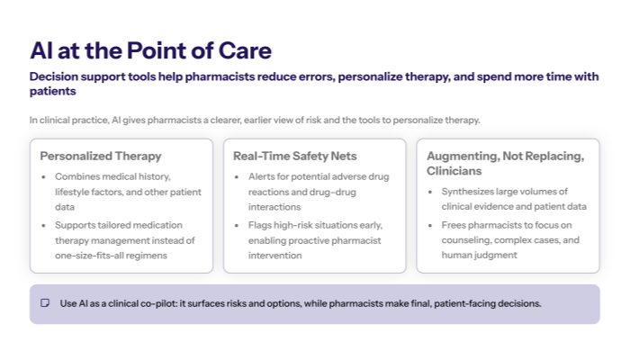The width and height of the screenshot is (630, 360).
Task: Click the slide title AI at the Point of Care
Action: point(150,50)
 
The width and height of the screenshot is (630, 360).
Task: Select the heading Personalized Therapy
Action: point(101,156)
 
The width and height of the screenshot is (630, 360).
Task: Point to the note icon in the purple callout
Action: point(45,303)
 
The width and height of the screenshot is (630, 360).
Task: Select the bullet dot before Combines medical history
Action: point(45,176)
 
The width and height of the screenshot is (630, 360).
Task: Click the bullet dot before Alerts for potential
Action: point(238,176)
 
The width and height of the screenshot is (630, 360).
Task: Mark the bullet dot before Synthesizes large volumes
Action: point(431,192)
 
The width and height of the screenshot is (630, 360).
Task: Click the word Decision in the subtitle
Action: point(55,76)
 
